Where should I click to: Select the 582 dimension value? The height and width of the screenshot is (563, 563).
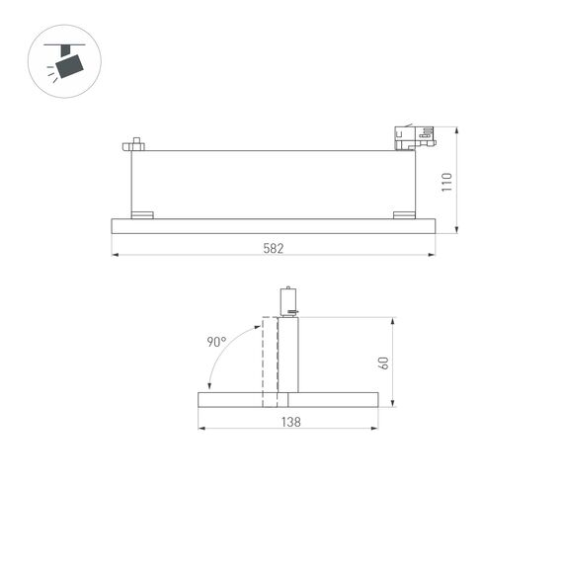tap(273, 248)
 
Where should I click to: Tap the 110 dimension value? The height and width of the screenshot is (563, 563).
tap(445, 182)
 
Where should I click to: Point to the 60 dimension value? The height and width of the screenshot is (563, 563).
tap(384, 362)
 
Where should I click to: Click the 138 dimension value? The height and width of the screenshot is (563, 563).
tap(289, 421)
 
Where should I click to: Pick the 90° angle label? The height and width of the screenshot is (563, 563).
tap(216, 342)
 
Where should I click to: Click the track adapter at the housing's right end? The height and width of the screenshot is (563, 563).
tap(412, 137)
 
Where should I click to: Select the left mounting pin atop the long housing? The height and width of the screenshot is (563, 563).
tap(133, 144)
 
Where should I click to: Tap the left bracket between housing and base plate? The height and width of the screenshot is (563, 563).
tap(143, 214)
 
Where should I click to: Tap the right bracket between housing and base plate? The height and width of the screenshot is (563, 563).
tap(404, 214)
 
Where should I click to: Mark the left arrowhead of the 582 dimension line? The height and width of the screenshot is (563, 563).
tap(115, 256)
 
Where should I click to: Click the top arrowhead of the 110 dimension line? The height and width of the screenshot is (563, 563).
tap(457, 130)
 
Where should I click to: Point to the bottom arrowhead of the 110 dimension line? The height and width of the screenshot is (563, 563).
tap(457, 231)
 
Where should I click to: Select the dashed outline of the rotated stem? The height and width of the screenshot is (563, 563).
tap(269, 361)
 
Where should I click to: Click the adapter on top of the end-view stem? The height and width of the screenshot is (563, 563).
tap(288, 301)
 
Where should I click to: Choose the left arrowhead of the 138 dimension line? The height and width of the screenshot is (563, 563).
tap(201, 429)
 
